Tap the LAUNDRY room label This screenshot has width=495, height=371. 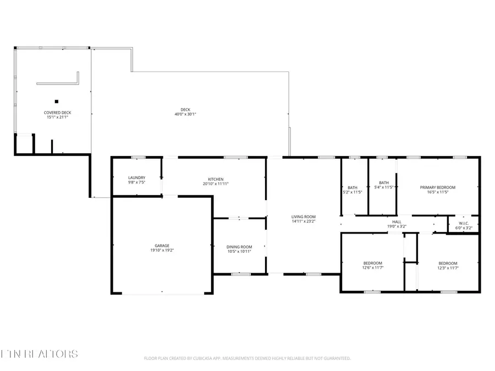pyautogui.click(x=136, y=178)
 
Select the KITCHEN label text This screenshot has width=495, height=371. pyautogui.click(x=216, y=179)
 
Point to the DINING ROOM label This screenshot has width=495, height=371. pyautogui.click(x=239, y=247)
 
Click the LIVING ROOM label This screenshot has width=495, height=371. pyautogui.click(x=303, y=217)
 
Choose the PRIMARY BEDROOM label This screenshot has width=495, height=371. pyautogui.click(x=437, y=187)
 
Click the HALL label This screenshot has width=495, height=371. pyautogui.click(x=397, y=222)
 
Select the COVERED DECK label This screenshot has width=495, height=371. pyautogui.click(x=58, y=113)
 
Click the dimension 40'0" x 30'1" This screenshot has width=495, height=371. pyautogui.click(x=185, y=114)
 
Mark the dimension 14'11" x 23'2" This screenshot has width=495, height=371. pyautogui.click(x=303, y=222)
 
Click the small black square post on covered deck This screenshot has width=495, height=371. pyautogui.click(x=56, y=101)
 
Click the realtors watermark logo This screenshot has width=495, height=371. pyautogui.click(x=39, y=353)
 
